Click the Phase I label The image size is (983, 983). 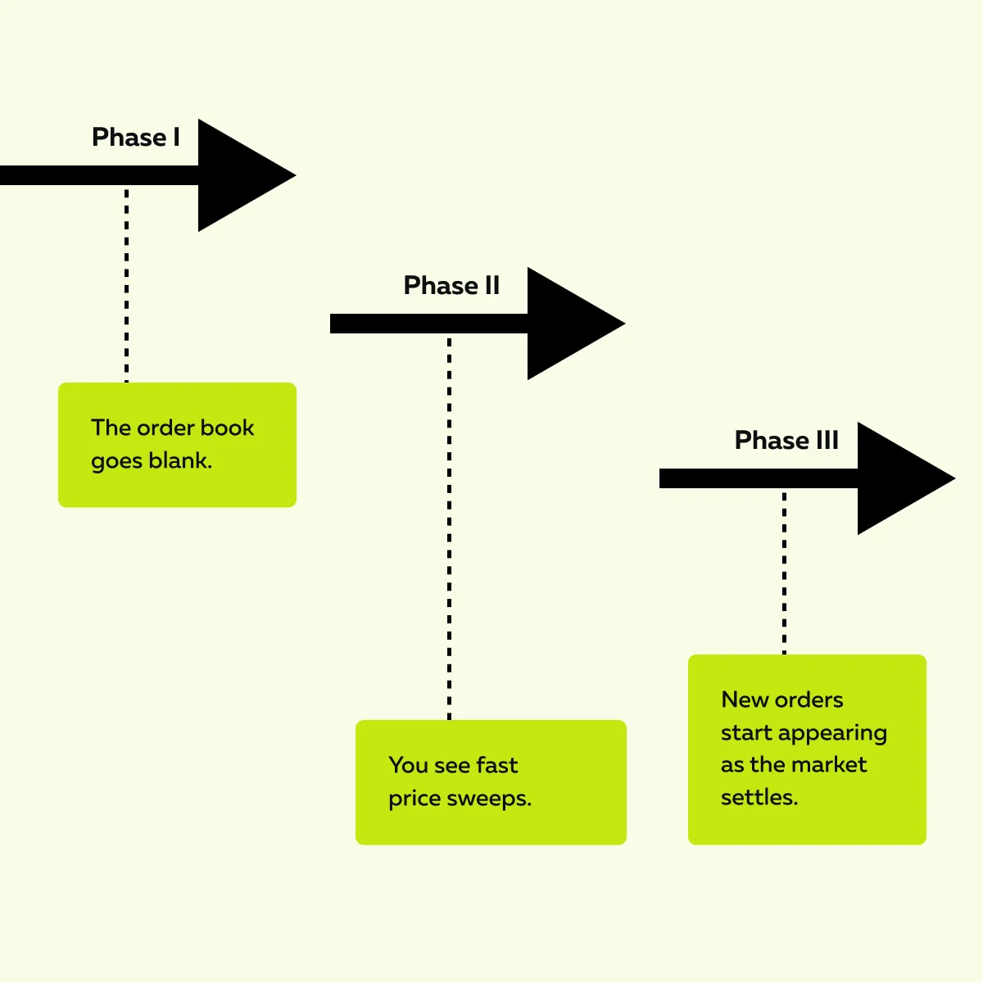(x=136, y=138)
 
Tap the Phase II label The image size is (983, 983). (x=451, y=286)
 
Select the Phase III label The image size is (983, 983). (x=786, y=441)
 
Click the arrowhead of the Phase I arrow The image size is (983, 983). (x=242, y=175)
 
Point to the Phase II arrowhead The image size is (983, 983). (x=572, y=324)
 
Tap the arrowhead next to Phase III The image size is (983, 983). (x=902, y=478)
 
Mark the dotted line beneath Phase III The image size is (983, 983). (x=784, y=573)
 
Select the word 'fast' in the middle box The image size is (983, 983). (x=496, y=766)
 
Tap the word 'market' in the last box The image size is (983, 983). (x=829, y=765)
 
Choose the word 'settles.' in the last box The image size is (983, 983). (x=759, y=798)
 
